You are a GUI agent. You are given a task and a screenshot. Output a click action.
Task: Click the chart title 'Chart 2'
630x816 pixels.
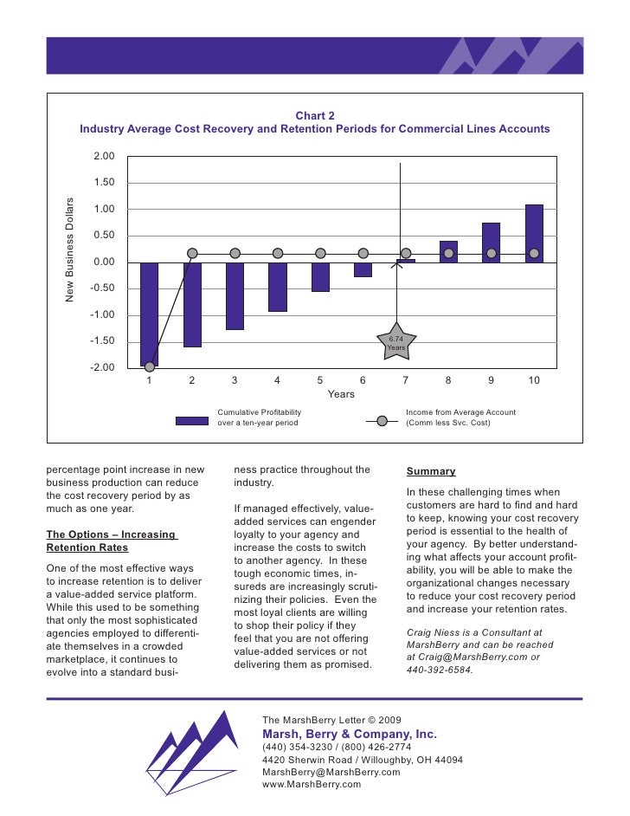pos(315,115)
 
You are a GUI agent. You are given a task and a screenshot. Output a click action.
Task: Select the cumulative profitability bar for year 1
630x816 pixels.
pos(149,314)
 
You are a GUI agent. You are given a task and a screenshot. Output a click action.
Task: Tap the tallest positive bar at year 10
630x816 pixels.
pos(534,233)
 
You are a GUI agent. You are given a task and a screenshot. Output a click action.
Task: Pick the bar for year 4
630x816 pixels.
pos(277,287)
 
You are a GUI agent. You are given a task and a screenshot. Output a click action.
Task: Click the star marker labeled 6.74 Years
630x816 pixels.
pos(396,344)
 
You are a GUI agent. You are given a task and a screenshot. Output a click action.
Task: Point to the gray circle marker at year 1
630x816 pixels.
pos(150,366)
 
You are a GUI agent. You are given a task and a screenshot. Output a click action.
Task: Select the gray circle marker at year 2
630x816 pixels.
pos(192,254)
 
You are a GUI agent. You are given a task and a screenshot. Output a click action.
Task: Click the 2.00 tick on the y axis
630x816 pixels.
pos(104,156)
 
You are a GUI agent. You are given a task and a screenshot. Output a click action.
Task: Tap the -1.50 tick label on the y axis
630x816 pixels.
pos(103,341)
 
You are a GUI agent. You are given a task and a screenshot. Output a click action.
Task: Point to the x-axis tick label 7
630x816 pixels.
pos(405,380)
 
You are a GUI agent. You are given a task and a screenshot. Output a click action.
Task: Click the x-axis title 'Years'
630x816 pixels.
pos(341,394)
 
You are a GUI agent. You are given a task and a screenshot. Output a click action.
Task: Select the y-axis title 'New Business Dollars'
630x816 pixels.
pos(71,250)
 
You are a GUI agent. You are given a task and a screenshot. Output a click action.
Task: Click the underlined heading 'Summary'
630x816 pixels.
pos(431,471)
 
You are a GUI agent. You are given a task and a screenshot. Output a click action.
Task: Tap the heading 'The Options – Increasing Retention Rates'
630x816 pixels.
pos(110,541)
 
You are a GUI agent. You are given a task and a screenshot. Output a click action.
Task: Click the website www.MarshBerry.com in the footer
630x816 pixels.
pos(311,784)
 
